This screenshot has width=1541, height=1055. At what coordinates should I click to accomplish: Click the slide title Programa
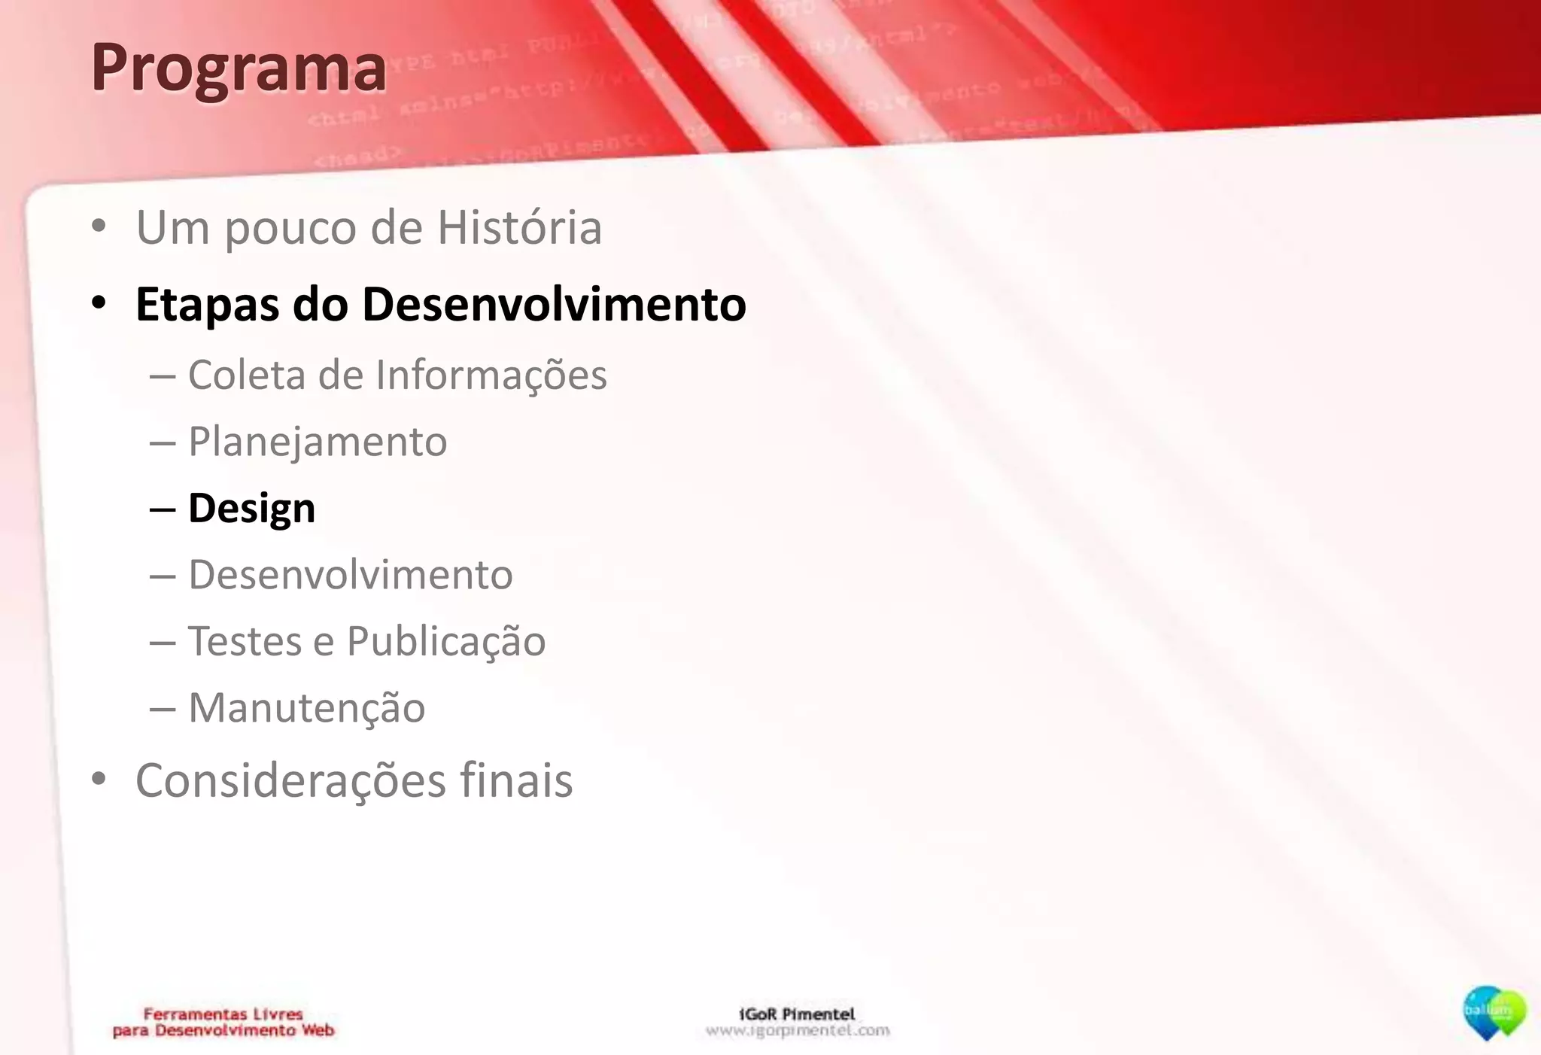click(239, 68)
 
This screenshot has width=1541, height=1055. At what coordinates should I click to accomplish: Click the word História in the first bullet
click(519, 227)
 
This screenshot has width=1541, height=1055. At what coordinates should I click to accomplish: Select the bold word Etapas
click(207, 306)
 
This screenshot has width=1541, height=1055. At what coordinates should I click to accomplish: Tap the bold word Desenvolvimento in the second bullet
click(554, 305)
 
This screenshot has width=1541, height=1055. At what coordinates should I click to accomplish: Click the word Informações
click(491, 375)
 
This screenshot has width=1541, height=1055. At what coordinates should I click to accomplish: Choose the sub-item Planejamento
click(318, 442)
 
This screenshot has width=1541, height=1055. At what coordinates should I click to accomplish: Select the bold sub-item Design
click(251, 509)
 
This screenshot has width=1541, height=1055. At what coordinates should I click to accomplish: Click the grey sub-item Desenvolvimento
click(351, 575)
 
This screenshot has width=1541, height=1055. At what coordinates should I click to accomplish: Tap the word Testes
click(245, 641)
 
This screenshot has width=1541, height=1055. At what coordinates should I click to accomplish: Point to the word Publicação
click(446, 642)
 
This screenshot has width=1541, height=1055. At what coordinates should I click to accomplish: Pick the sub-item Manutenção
click(306, 708)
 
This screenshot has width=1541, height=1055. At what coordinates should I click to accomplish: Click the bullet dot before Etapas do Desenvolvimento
click(99, 304)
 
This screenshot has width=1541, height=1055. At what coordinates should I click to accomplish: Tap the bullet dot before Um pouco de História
click(99, 227)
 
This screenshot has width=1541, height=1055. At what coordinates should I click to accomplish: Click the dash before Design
click(163, 509)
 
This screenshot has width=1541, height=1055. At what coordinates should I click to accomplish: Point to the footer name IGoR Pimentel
click(797, 1014)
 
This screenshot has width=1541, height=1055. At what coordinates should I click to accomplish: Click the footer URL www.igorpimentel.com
click(798, 1030)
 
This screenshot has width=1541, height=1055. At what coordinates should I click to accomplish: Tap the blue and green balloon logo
click(1494, 1013)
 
